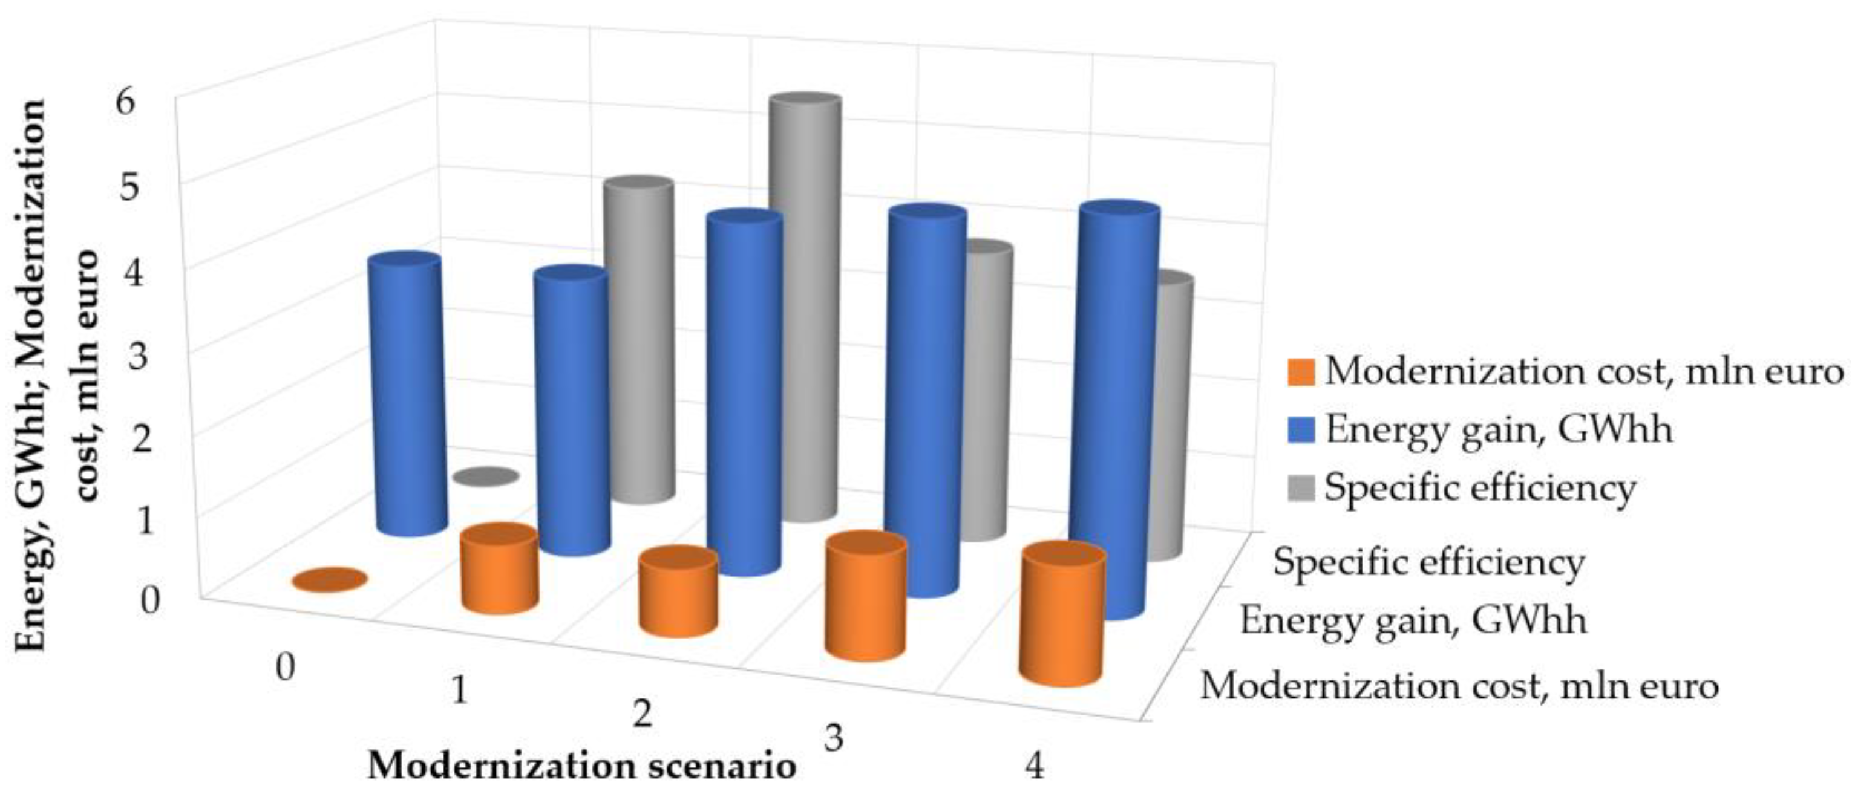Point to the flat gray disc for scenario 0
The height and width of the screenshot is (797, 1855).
click(486, 476)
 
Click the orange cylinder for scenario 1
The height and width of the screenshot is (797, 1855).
click(500, 570)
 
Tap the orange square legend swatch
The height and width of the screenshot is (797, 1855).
click(1300, 372)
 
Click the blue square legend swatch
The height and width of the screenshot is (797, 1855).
click(1300, 430)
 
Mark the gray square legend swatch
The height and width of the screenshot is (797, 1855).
click(1300, 488)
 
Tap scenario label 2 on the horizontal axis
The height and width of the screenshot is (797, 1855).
click(641, 715)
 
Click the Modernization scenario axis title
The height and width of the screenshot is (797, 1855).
click(582, 766)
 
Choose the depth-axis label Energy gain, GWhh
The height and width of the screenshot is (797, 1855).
click(1413, 620)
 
